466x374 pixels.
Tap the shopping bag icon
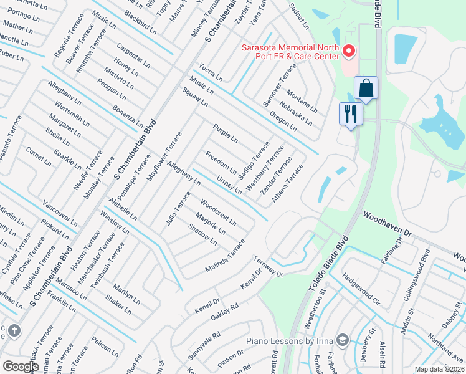[x=366, y=88]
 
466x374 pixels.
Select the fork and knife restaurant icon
[x=350, y=113]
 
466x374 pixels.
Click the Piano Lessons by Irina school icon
[x=342, y=340]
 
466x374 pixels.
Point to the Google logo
[x=21, y=367]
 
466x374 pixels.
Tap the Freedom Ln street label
[x=221, y=161]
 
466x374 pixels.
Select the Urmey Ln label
[x=229, y=184]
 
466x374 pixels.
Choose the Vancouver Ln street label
[x=60, y=214]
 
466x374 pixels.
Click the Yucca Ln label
[x=211, y=72]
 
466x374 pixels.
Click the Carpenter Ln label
[x=133, y=55]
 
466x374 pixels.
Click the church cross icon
[x=14, y=330]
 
